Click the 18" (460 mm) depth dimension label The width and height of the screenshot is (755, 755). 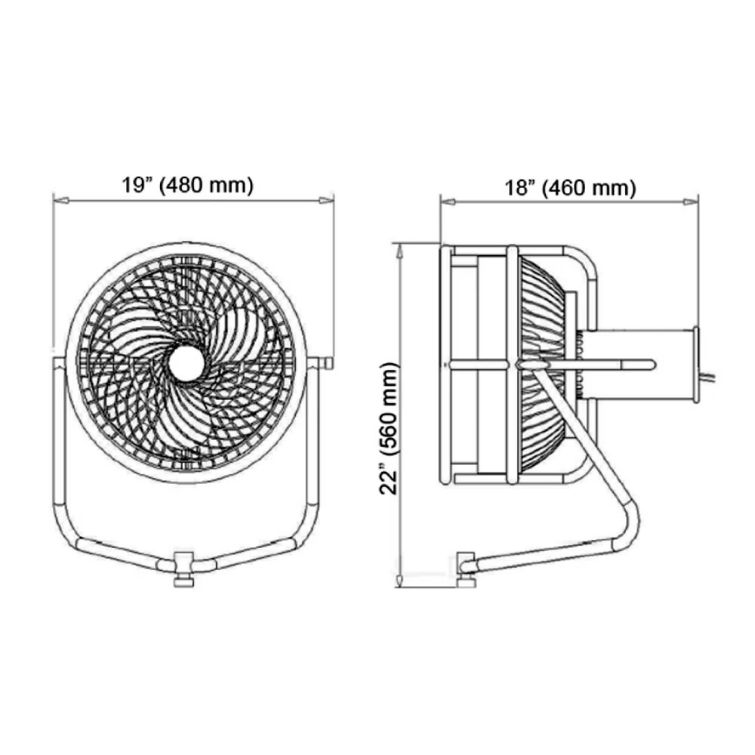tap(570, 187)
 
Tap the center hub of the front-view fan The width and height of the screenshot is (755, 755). tap(185, 363)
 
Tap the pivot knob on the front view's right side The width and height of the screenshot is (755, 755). tap(326, 363)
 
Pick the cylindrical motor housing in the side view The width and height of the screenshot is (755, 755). tap(649, 364)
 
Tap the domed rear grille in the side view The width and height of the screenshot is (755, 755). tap(545, 362)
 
